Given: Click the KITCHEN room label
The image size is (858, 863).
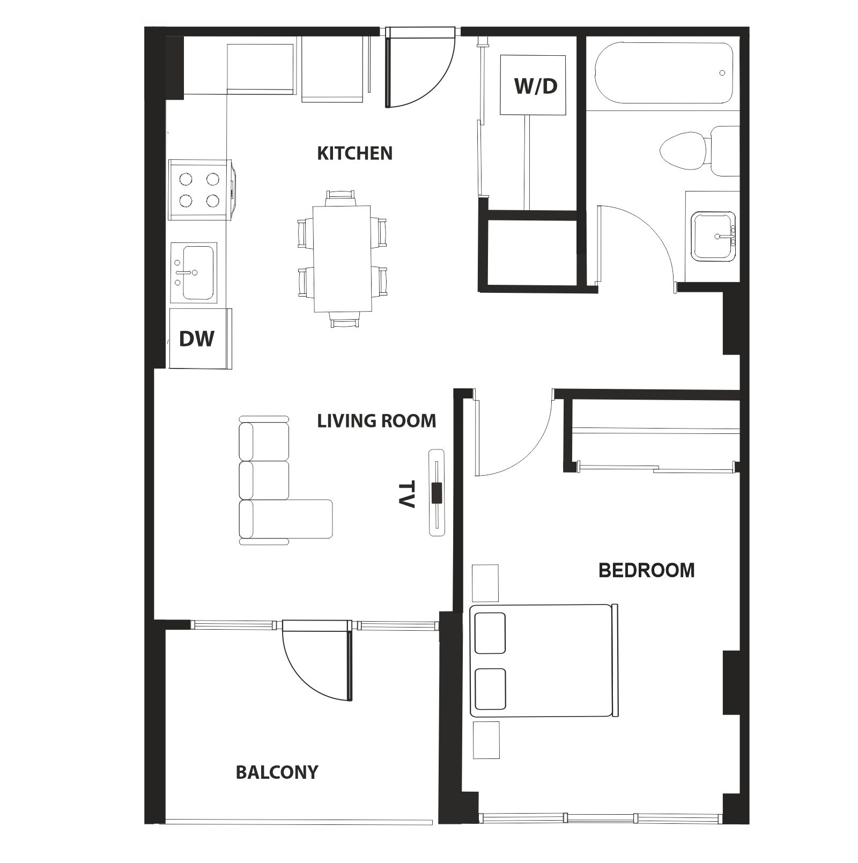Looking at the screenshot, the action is [354, 153].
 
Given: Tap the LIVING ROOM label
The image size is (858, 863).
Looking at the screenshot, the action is [376, 421].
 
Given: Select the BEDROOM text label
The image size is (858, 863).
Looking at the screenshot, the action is [646, 570].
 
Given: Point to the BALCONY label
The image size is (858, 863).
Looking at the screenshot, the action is [277, 772].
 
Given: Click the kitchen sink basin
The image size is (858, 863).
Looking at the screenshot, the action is [197, 272].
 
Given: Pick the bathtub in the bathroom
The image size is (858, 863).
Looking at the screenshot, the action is [663, 73].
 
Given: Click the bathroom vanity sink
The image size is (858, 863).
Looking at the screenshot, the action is [713, 236].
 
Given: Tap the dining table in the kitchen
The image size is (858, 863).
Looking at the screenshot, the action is [342, 259].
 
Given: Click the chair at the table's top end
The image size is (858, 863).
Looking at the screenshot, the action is [341, 198].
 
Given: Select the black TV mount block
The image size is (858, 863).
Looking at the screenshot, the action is [437, 493].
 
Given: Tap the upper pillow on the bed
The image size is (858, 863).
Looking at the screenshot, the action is [490, 633].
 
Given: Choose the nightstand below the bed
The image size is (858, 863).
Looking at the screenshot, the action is [486, 740].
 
